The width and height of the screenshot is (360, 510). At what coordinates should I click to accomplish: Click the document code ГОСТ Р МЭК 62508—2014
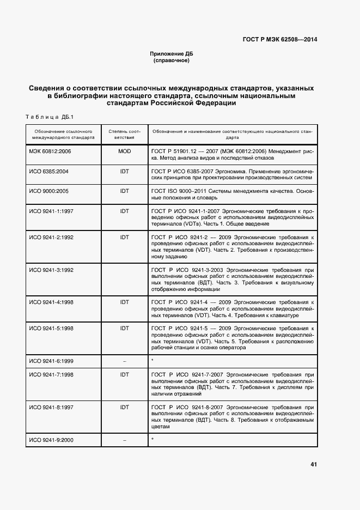click(279, 39)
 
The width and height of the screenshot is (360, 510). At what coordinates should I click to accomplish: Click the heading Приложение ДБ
click(172, 53)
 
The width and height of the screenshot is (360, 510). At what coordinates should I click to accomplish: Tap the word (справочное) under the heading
click(172, 60)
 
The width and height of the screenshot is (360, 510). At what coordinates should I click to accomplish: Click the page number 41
click(314, 464)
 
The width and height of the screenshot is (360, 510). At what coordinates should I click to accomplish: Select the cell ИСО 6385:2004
click(48, 171)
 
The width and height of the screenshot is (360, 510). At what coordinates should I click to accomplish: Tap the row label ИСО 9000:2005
click(48, 191)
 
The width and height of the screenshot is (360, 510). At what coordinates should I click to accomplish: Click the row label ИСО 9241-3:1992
click(51, 270)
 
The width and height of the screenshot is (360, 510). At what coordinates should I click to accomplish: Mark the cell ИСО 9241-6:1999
click(51, 361)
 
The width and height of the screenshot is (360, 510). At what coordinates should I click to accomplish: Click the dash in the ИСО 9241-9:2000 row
click(124, 439)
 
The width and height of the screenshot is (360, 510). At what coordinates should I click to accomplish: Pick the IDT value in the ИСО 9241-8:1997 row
click(124, 407)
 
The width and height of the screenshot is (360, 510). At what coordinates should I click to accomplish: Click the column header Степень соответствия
click(124, 135)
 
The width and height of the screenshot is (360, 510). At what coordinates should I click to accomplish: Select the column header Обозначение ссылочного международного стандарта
click(64, 135)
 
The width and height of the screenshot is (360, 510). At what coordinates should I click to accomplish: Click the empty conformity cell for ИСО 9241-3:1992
click(124, 279)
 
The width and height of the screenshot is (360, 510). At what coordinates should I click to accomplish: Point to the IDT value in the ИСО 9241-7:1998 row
click(124, 375)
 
